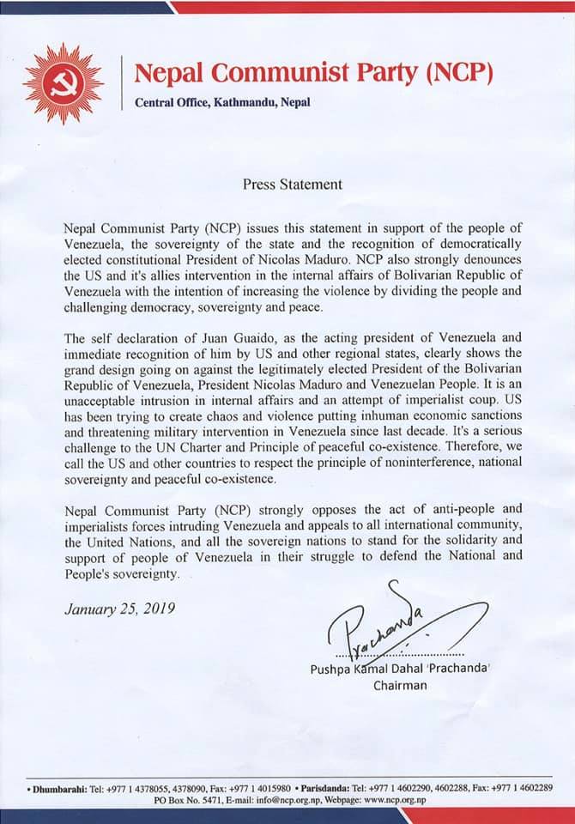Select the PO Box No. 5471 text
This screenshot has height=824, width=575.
point(187,799)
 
